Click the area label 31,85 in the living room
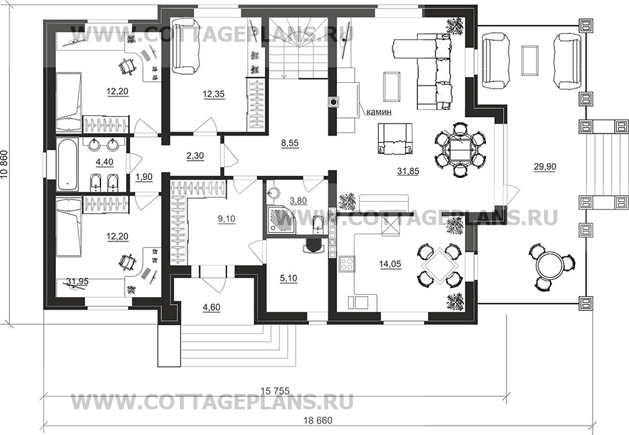coord(408,171)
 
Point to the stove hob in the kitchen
coord(347,264)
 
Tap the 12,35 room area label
coord(213,95)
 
